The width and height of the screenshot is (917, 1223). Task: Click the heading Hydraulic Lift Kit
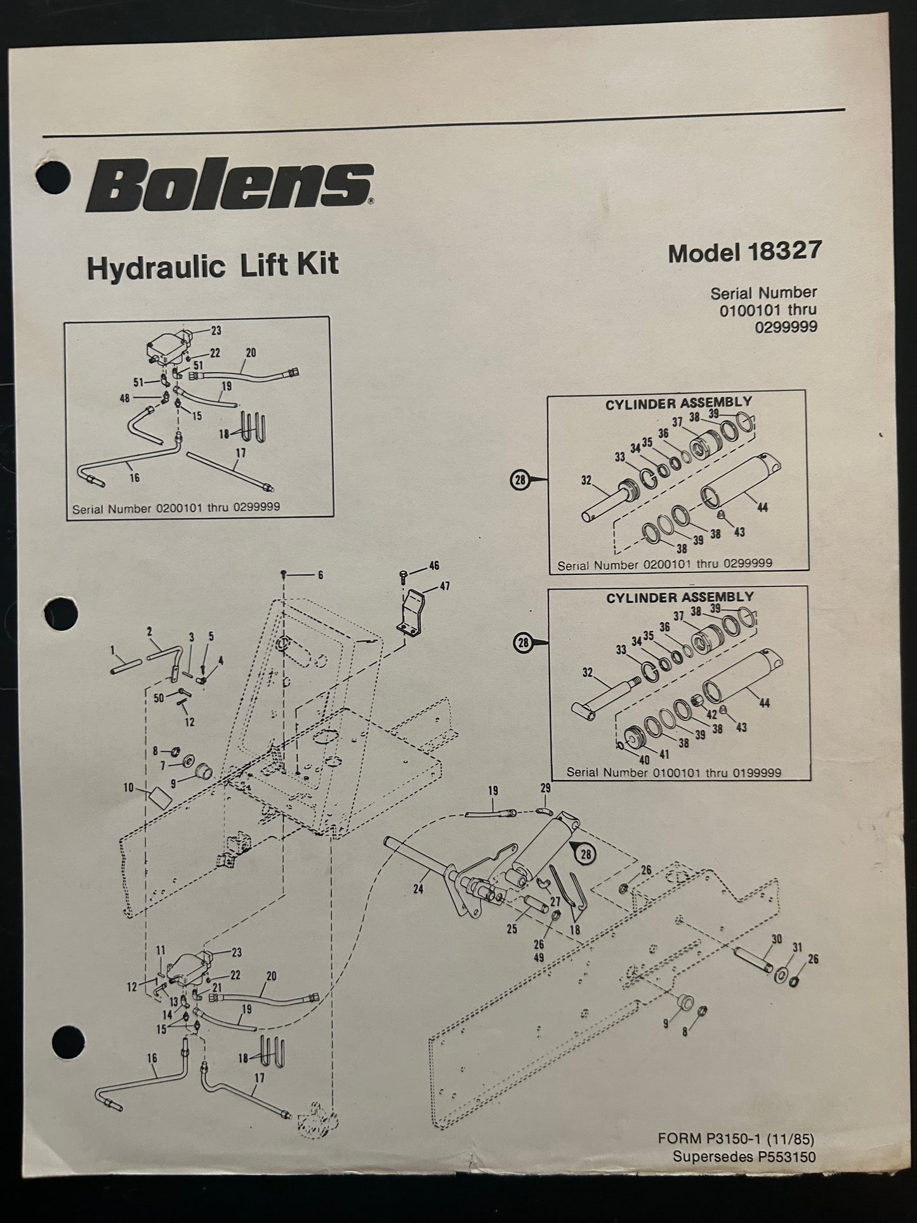(x=213, y=265)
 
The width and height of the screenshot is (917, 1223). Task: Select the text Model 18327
(x=744, y=253)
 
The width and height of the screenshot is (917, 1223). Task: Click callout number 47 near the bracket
(x=445, y=586)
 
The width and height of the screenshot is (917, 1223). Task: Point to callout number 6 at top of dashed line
(x=320, y=575)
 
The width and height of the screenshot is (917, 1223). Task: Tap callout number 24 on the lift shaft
(x=418, y=889)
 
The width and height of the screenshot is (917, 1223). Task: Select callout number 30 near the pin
(x=777, y=939)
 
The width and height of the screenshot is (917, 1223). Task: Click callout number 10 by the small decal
(x=129, y=788)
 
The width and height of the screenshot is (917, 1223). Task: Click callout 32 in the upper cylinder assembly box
(x=586, y=481)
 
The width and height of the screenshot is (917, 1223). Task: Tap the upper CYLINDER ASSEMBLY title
(x=678, y=403)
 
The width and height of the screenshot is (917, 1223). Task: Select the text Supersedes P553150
(x=744, y=1157)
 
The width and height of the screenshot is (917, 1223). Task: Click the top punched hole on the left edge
(x=53, y=176)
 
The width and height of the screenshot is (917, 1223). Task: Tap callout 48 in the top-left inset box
(x=124, y=399)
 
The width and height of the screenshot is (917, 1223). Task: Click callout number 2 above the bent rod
(x=150, y=631)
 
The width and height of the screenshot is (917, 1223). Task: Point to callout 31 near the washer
(x=798, y=948)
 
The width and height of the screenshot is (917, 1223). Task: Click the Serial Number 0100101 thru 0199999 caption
(x=673, y=772)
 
